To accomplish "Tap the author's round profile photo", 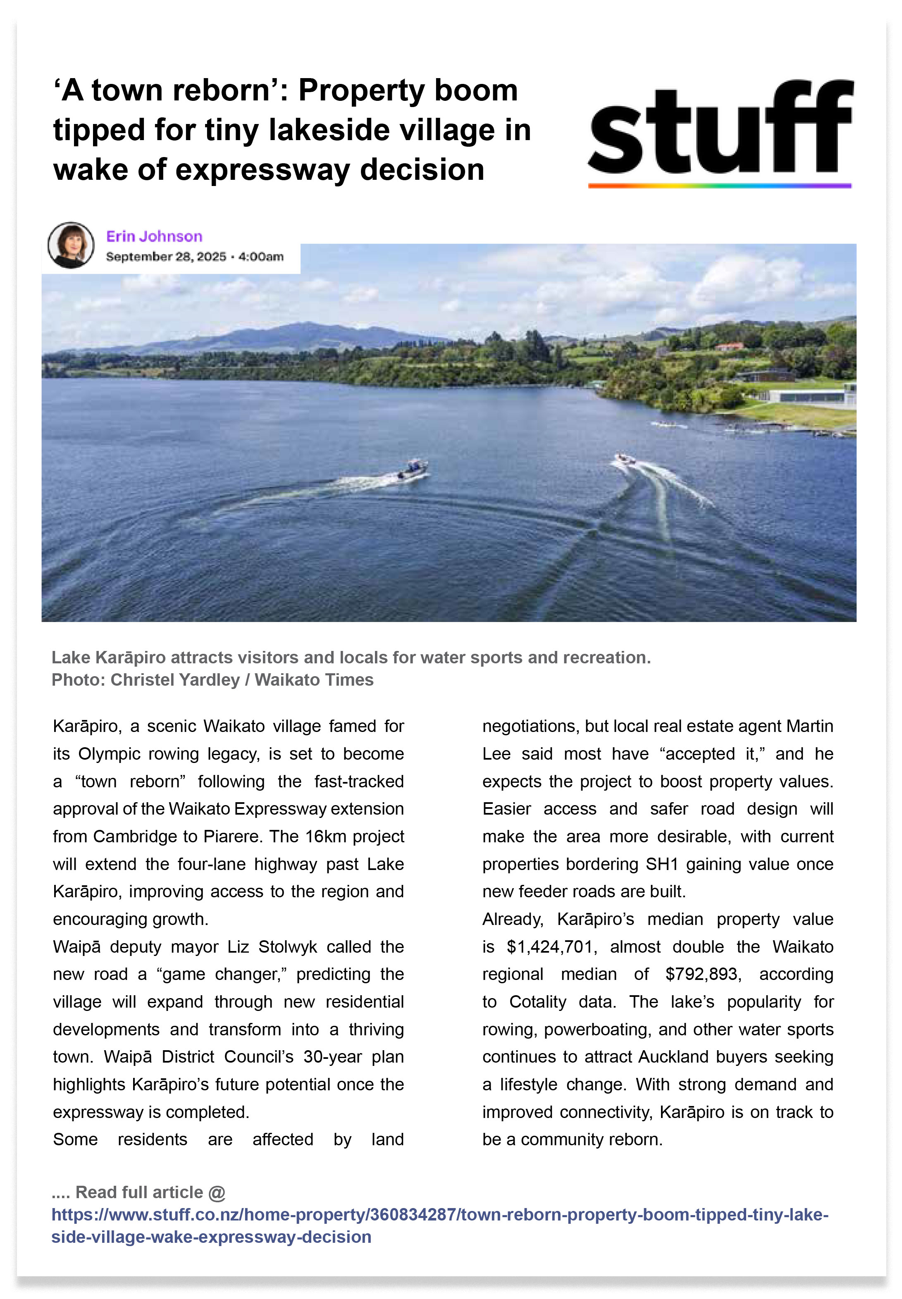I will click(x=71, y=245).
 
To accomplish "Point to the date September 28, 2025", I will click(x=166, y=257).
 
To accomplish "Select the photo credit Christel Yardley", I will click(x=174, y=680).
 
